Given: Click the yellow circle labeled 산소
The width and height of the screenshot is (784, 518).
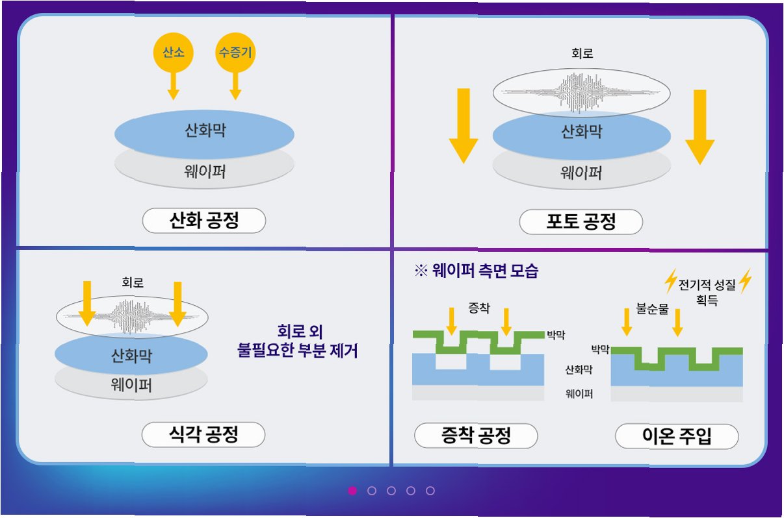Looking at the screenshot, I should pos(173,53).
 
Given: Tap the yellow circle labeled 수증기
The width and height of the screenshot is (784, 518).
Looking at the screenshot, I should pos(235,53).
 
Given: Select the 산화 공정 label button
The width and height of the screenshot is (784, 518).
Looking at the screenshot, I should pos(204,221).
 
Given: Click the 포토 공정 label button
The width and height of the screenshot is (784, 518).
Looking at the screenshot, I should pos(581,223).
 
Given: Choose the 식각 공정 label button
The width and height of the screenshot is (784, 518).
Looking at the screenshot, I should pos(203,434).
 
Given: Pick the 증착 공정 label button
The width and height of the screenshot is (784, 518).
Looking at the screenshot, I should pos(476,436).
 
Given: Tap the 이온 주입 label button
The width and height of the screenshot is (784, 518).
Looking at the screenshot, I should pos(677,436).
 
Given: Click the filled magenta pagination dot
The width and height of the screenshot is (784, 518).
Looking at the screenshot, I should pos(352,491).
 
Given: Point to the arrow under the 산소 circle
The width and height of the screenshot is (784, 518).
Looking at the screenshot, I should pos(173,86).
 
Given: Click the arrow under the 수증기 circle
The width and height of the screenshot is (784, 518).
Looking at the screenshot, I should pos(235,86).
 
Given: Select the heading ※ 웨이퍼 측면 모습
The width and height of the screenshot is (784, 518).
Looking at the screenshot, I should pos(476,271).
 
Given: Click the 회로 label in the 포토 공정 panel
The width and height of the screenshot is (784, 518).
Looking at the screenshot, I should pos(581,54).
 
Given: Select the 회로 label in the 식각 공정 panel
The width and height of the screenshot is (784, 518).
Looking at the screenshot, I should pos(133,282).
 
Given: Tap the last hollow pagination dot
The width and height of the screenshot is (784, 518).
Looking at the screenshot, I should pos(430,491).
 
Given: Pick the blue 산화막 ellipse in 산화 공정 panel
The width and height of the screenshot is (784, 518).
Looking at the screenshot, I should pos(204,134).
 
